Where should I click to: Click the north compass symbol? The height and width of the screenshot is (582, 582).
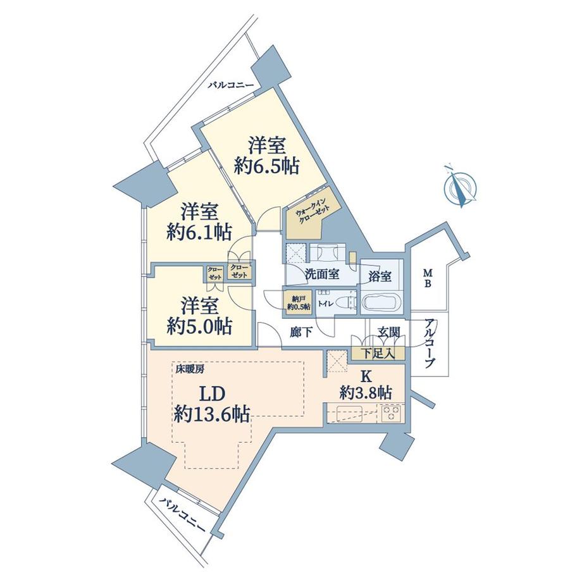(x=461, y=187)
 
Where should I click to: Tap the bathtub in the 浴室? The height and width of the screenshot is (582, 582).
(x=380, y=303)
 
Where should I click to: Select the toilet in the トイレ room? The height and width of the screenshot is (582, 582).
(x=344, y=302)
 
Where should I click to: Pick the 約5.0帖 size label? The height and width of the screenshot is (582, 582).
(x=199, y=326)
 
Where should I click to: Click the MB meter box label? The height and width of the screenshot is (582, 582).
(x=428, y=278)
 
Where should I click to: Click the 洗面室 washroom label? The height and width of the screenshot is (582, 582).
(x=323, y=275)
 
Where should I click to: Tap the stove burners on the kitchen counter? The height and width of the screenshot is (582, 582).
(x=391, y=414)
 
